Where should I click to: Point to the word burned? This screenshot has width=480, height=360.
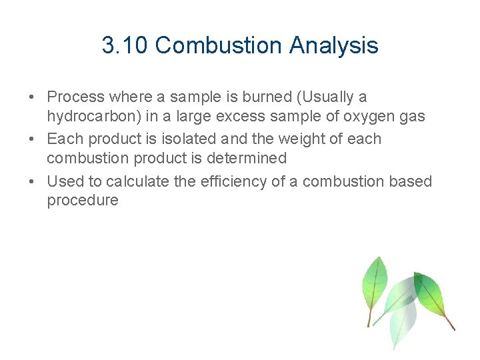coord(260,97)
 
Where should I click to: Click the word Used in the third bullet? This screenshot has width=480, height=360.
coord(64,181)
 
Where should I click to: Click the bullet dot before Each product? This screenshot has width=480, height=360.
coord(32,139)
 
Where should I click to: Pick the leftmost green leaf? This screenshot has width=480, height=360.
coord(374,283)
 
